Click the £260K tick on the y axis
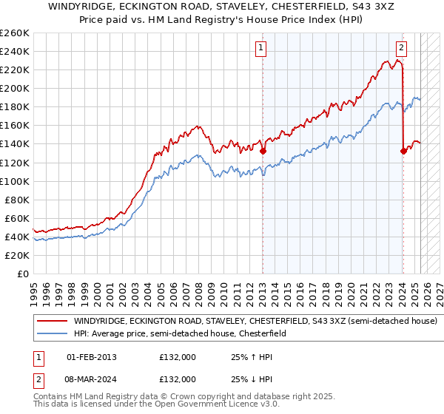tap(14, 33)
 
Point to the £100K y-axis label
tap(14, 181)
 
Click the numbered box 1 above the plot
tap(262, 49)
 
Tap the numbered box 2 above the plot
tap(401, 49)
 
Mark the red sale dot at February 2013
tap(263, 151)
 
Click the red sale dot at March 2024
tap(403, 151)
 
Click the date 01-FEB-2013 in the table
tap(92, 357)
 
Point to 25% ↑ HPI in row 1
tap(252, 357)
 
